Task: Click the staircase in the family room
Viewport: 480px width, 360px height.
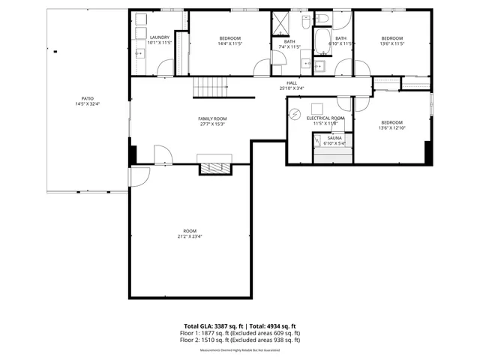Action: (210, 88)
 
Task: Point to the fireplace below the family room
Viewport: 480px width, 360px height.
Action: (215, 167)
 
